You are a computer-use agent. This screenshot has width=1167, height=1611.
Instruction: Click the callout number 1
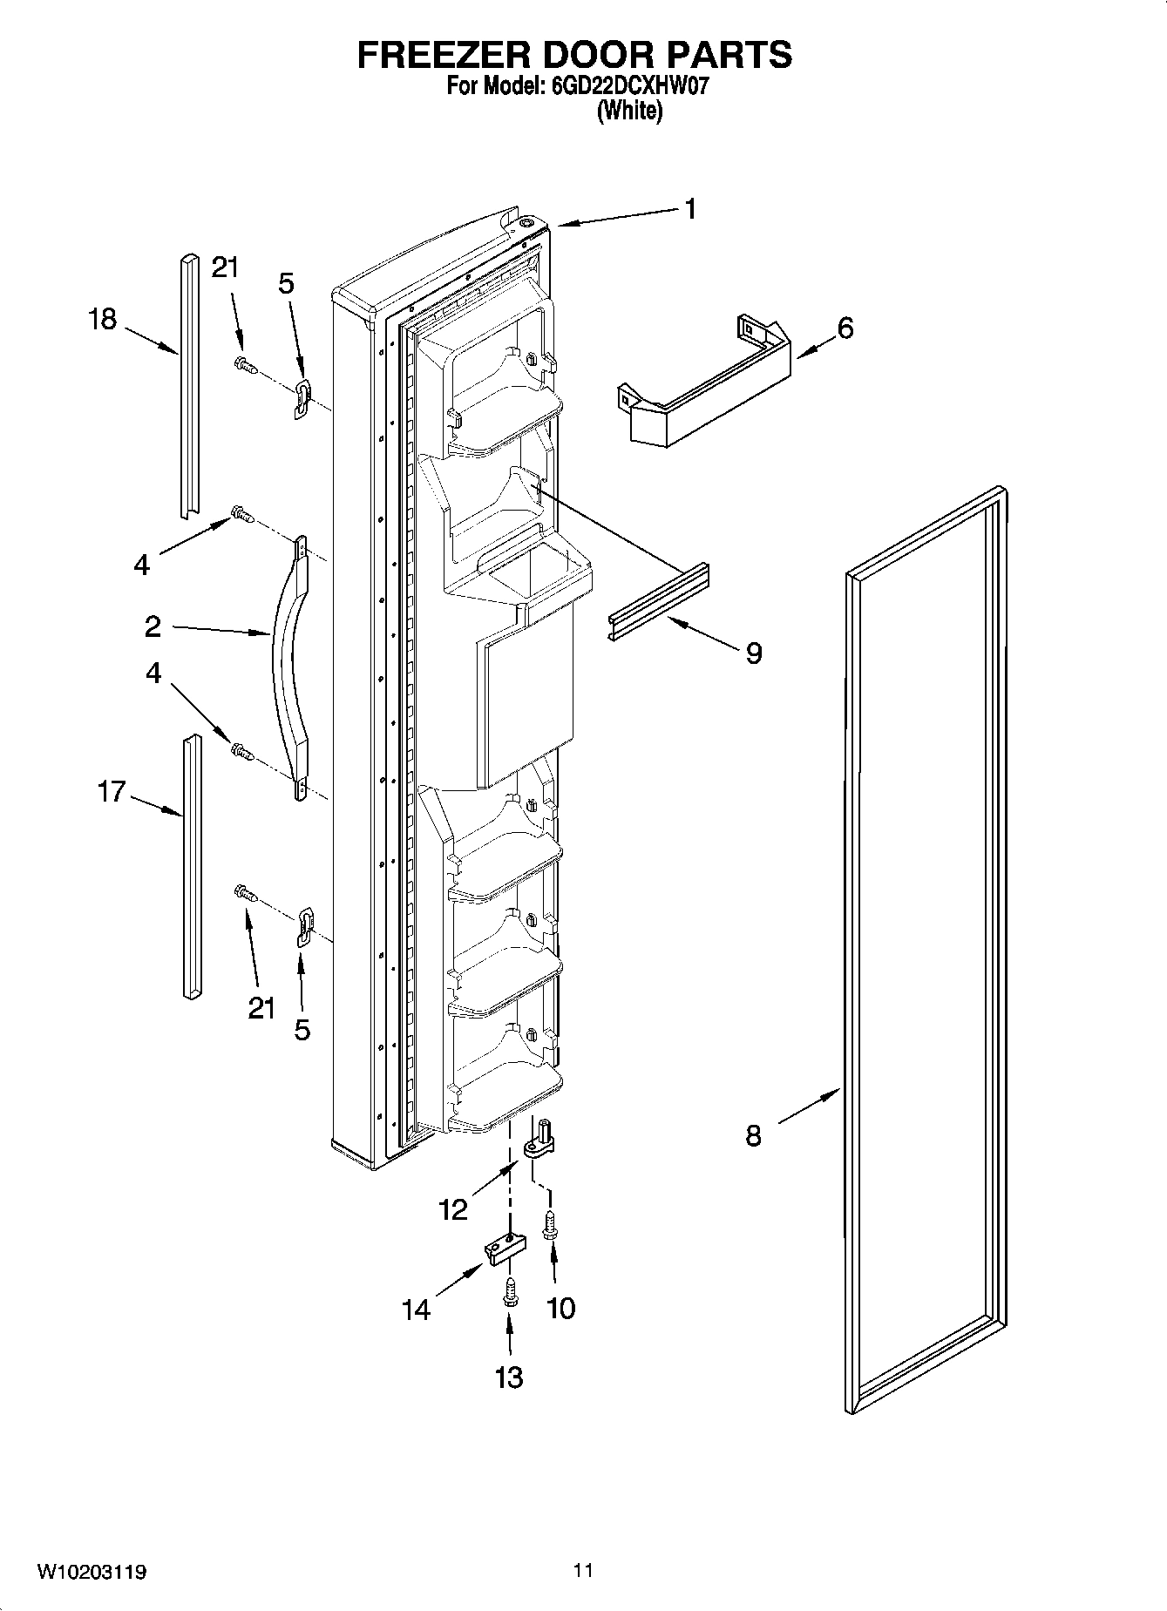tap(689, 209)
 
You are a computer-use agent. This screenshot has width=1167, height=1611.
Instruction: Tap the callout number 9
tap(754, 653)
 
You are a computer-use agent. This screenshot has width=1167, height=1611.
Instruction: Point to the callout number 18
tap(102, 319)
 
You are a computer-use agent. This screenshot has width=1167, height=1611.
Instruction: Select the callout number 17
tap(112, 792)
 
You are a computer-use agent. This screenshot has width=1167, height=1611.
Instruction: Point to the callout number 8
tap(753, 1135)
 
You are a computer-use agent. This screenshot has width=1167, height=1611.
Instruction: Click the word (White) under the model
tap(629, 111)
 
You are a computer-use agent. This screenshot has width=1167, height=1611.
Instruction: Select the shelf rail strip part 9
tap(659, 600)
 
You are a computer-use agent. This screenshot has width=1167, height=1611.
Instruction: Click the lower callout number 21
tap(261, 1008)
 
